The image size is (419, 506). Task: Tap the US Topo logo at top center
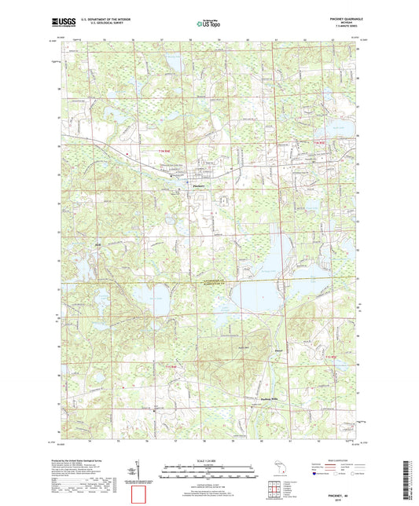coord(204,24)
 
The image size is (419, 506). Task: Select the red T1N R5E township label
coord(318,141)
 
